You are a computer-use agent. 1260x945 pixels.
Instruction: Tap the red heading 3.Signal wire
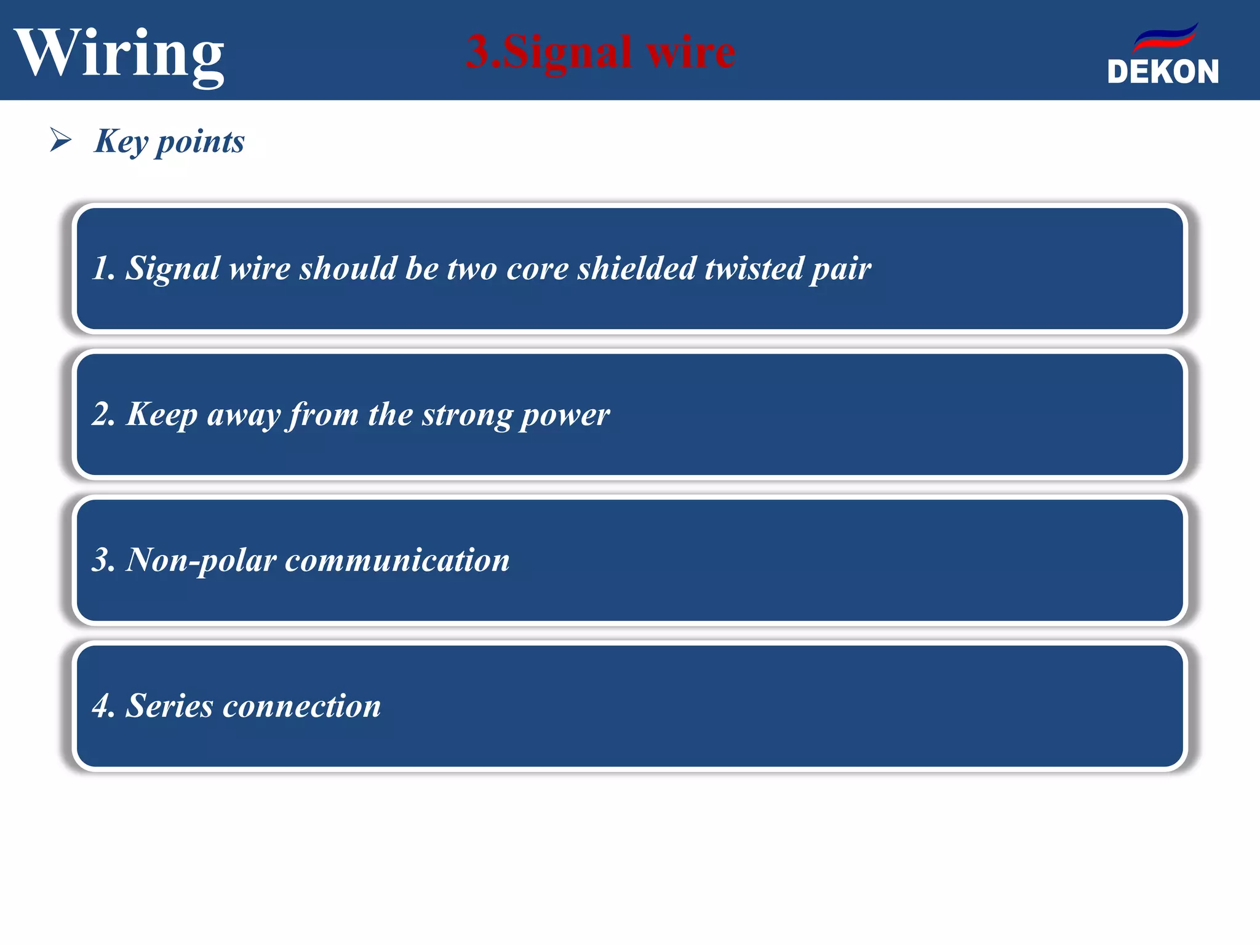600,52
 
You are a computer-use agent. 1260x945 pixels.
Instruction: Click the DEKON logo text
1163,72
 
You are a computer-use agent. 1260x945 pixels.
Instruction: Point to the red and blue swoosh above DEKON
1165,38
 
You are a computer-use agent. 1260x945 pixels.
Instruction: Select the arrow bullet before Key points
60,140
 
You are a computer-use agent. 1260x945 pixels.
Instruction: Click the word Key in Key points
121,142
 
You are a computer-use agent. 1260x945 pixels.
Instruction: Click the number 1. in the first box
103,268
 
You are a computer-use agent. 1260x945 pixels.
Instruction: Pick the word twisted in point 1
754,268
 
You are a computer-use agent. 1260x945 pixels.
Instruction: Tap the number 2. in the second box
103,414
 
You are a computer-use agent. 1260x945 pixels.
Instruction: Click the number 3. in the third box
103,560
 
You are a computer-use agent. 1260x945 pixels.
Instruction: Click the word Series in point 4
169,706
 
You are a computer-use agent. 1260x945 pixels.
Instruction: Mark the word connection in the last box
301,706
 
